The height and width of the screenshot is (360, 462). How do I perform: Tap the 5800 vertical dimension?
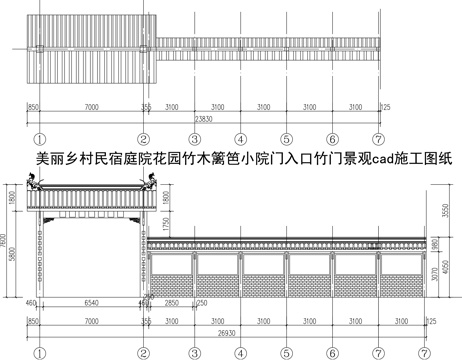pyautogui.click(x=13, y=256)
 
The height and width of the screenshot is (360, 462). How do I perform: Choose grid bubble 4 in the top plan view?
pyautogui.click(x=241, y=141)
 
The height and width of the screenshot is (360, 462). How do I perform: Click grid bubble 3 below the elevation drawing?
pyautogui.click(x=196, y=352)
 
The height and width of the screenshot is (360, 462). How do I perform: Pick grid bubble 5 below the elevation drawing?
pyautogui.click(x=286, y=352)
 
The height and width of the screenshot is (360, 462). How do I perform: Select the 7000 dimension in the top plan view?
pyautogui.click(x=91, y=106)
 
